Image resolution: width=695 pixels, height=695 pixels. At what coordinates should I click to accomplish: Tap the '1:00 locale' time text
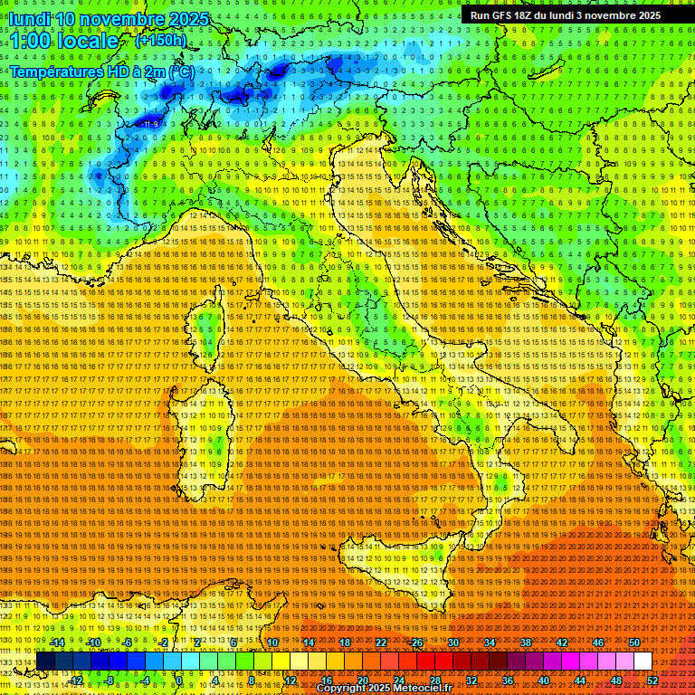pyautogui.click(x=64, y=41)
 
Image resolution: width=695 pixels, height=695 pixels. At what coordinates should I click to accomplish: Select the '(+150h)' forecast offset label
pyautogui.click(x=160, y=40)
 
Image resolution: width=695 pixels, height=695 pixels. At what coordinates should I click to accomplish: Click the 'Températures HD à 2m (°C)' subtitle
pyautogui.click(x=101, y=71)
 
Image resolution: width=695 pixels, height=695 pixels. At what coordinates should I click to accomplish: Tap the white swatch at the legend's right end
pyautogui.click(x=643, y=662)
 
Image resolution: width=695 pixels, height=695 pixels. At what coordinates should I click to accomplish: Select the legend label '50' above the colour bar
pyautogui.click(x=634, y=643)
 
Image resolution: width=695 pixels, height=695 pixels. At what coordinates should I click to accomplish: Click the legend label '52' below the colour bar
pyautogui.click(x=652, y=680)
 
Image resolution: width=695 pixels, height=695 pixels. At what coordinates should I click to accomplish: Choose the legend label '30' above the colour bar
pyautogui.click(x=453, y=643)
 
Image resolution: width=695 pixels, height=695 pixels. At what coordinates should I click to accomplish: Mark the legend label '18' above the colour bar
pyautogui.click(x=345, y=643)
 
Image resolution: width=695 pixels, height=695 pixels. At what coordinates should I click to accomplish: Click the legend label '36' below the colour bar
pyautogui.click(x=508, y=680)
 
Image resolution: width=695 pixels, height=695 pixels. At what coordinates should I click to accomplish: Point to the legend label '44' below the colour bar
pyautogui.click(x=580, y=680)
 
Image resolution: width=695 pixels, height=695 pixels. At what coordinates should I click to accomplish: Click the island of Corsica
pyautogui.click(x=207, y=336)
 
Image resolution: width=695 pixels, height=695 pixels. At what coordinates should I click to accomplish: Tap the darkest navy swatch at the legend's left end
pyautogui.click(x=45, y=662)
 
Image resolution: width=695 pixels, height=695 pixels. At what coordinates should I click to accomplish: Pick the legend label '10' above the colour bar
pyautogui.click(x=272, y=643)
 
